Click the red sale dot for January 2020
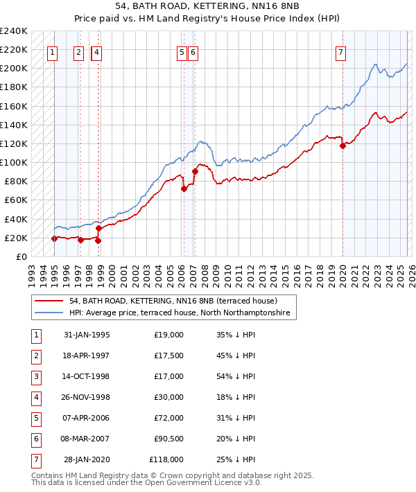point(343,146)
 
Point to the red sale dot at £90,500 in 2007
point(195,171)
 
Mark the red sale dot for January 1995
point(54,238)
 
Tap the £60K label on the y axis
point(15,200)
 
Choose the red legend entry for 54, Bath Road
point(173,301)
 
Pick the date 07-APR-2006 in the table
point(87,418)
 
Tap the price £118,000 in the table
point(166,459)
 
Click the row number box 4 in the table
point(34,397)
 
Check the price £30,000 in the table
point(168,397)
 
